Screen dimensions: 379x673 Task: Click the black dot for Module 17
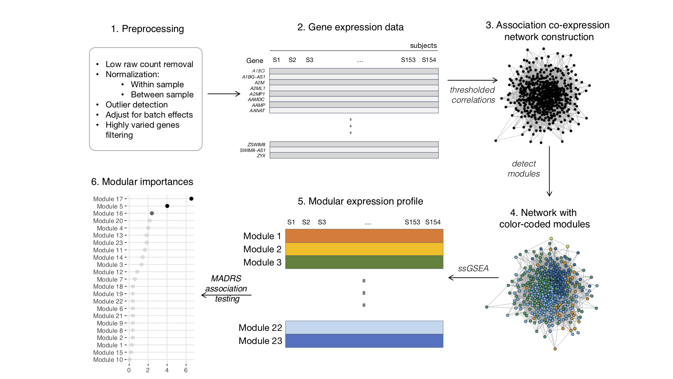[191, 199]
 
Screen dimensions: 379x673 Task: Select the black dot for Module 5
[167, 206]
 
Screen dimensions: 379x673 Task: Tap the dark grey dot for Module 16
[152, 213]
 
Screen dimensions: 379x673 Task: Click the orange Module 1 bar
[364, 236]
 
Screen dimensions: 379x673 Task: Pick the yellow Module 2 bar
[364, 249]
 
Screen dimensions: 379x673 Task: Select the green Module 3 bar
[364, 262]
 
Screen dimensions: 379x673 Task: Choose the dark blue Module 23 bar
[364, 341]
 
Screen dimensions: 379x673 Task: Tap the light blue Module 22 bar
[364, 327]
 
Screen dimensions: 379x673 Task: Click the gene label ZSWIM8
[256, 145]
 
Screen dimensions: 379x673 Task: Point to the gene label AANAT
[257, 110]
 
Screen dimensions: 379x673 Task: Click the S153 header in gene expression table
[408, 60]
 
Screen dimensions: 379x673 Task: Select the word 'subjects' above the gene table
[423, 45]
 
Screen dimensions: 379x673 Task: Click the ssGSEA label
[473, 269]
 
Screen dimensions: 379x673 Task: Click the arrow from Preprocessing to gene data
[224, 94]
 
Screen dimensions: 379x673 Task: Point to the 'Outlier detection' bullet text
[137, 105]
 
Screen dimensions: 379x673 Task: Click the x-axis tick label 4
[167, 370]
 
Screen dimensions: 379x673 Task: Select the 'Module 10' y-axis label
[108, 360]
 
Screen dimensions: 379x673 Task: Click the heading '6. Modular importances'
[142, 182]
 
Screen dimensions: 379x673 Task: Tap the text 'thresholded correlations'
[473, 95]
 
